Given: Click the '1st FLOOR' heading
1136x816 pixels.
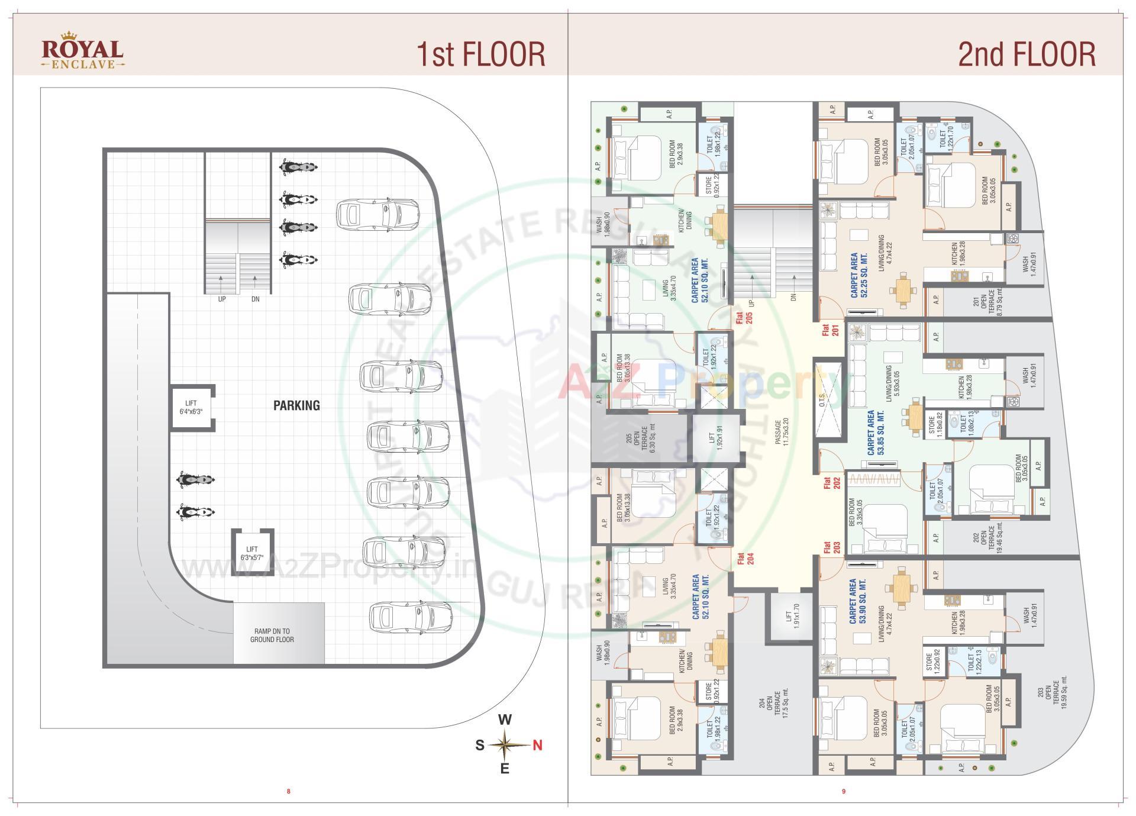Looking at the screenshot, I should point(480,54).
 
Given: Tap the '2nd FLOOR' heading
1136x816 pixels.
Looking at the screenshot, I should point(1027,54).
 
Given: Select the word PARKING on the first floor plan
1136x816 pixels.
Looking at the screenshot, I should point(296,405).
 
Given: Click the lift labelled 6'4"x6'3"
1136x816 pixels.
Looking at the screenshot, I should point(191,408).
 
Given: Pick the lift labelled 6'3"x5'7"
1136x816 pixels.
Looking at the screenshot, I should point(252,553).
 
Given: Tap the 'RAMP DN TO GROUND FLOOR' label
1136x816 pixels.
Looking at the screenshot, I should point(272,636).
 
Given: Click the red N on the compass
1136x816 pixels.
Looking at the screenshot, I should point(537,746).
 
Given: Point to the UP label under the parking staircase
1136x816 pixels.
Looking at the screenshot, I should point(222,299).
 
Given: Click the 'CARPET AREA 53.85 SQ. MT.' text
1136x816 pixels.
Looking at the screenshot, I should point(875,432).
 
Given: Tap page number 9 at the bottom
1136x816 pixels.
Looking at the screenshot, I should point(844,791).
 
